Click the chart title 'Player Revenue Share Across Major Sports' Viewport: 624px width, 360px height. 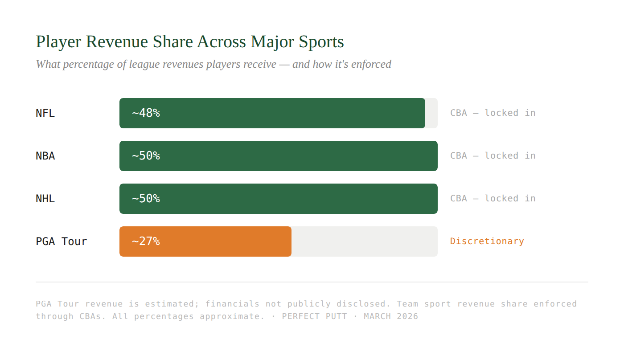pyautogui.click(x=189, y=42)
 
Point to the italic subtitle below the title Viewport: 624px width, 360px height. pyautogui.click(x=213, y=64)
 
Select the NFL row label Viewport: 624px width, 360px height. pyautogui.click(x=45, y=113)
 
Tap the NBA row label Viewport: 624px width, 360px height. pyautogui.click(x=45, y=156)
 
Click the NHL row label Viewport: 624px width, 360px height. pyautogui.click(x=45, y=199)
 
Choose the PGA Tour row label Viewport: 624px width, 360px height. pyautogui.click(x=62, y=241)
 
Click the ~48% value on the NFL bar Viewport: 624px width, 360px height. pyautogui.click(x=146, y=113)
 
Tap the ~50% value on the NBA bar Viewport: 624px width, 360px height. pyautogui.click(x=146, y=156)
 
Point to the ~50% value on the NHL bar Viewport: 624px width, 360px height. pyautogui.click(x=146, y=199)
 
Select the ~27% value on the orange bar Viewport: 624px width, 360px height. pyautogui.click(x=146, y=241)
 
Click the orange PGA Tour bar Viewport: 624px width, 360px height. pyautogui.click(x=223, y=241)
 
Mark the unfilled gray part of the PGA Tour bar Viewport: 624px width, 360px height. pyautogui.click(x=364, y=241)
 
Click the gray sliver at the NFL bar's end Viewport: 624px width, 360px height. pyautogui.click(x=431, y=113)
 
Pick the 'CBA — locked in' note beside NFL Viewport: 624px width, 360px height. pyautogui.click(x=493, y=113)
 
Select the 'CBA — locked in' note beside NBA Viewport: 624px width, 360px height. pyautogui.click(x=493, y=156)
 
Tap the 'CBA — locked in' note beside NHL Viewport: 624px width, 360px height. pyautogui.click(x=493, y=199)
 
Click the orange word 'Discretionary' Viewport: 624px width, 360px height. pyautogui.click(x=487, y=241)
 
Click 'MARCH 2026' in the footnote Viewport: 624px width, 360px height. pyautogui.click(x=391, y=316)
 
